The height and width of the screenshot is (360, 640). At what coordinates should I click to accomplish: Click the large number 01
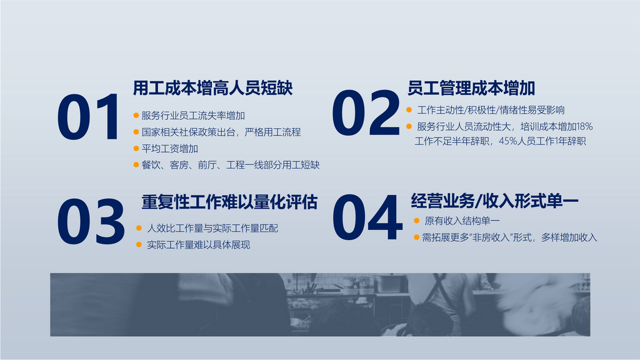(88, 117)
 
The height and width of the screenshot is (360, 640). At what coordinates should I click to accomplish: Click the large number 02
(366, 112)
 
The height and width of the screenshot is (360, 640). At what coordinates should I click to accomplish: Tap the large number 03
(91, 222)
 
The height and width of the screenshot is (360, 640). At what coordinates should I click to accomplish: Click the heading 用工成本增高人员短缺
(212, 87)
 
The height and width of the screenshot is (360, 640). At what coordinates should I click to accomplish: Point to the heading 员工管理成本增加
(471, 87)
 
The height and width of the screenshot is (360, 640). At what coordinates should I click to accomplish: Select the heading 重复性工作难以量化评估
(229, 202)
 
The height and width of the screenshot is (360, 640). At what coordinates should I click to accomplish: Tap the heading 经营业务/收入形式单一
(495, 201)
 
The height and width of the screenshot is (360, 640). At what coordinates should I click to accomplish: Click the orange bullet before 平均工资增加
(136, 149)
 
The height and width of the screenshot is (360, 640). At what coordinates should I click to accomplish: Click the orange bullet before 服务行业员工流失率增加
(136, 116)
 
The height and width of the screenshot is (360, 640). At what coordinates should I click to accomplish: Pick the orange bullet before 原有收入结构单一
(416, 221)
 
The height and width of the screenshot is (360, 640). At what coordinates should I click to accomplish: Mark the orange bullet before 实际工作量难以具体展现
(139, 244)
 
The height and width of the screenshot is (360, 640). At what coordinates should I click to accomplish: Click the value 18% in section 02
(584, 126)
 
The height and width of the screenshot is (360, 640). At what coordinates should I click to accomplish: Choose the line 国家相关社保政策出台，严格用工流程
(221, 132)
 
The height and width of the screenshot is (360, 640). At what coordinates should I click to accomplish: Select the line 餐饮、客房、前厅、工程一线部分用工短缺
(230, 165)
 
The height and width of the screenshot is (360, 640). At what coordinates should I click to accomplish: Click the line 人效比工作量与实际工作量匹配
(212, 228)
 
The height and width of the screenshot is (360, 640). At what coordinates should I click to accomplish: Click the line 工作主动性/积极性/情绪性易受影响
(491, 110)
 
